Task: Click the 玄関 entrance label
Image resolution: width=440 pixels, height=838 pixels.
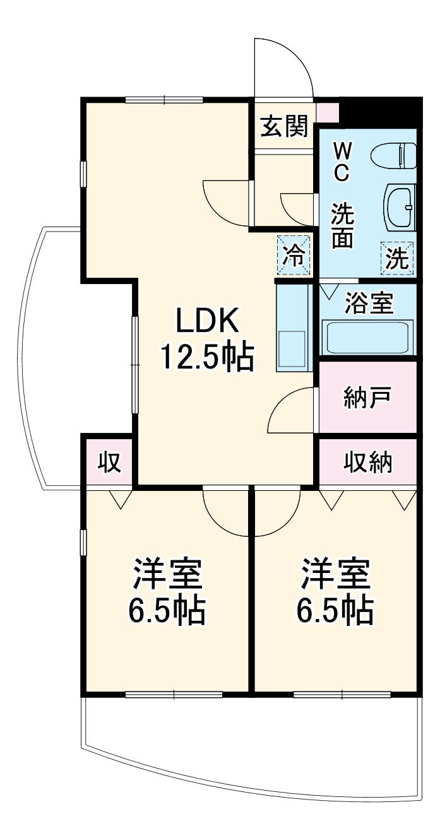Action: [x=284, y=127]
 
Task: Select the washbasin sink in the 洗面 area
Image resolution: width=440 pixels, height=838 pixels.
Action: [x=399, y=208]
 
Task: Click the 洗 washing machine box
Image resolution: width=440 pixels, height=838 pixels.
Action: [x=397, y=259]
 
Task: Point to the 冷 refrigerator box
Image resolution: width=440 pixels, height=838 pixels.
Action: [x=294, y=255]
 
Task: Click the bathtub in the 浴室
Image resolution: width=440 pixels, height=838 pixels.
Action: [x=367, y=338]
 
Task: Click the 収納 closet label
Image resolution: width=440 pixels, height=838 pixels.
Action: [x=368, y=463]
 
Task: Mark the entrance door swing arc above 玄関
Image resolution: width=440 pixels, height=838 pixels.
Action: [x=284, y=66]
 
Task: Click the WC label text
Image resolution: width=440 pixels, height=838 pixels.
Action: [x=342, y=162]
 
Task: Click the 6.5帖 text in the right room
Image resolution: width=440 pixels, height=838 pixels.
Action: [x=335, y=610]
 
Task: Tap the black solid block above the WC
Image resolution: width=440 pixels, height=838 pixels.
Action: [x=381, y=112]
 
